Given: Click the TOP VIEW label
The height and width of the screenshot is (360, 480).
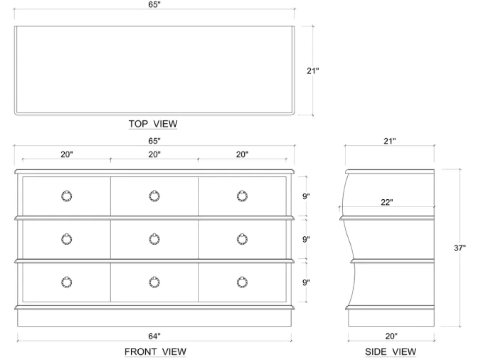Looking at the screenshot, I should coord(153,124).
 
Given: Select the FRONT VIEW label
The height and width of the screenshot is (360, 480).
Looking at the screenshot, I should coord(155,352).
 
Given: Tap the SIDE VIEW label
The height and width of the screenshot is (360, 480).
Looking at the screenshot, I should coord(390,352).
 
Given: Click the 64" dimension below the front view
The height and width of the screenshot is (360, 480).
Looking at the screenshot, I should coord(155,336).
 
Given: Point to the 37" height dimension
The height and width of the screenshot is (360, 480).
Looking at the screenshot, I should coord(459,248).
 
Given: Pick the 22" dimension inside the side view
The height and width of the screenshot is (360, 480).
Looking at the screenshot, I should coord(386,202).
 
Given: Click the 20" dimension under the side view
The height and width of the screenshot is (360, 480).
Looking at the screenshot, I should coord(391,336).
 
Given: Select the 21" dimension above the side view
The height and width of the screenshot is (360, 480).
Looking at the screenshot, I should coord(389,141).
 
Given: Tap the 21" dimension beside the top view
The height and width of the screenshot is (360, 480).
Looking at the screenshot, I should coord(313,71).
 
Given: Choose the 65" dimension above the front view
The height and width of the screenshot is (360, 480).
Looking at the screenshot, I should coord(155,141).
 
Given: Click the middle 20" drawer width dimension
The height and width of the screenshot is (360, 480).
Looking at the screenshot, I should coord(155,154).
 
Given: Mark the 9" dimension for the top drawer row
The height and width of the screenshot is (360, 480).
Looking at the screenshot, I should coord(306,196).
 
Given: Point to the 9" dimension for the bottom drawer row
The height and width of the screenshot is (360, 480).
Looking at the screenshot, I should coord(306,282).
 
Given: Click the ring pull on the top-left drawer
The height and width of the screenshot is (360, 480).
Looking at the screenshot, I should coord(67,196).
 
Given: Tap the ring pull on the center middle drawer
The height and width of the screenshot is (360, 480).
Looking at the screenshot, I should coord(154,240).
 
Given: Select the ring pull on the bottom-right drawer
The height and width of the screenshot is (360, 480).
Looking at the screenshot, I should coord(242,282).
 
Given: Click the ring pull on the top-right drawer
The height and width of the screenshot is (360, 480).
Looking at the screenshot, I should coord(242,196).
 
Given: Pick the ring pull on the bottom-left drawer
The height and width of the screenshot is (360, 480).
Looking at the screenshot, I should coord(67,282).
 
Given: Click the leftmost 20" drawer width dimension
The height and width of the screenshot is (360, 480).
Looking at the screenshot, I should coord(67,154).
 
